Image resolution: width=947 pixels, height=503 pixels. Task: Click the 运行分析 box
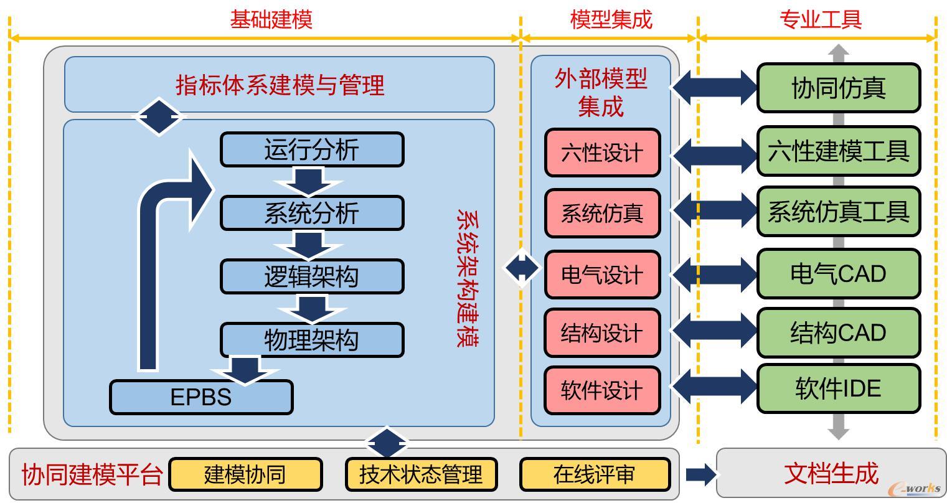(312, 149)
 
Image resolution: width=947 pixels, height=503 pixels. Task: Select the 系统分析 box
(312, 213)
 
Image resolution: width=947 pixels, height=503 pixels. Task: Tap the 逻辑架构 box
(312, 276)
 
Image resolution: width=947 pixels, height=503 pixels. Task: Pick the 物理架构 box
(312, 340)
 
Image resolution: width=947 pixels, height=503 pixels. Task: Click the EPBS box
(201, 397)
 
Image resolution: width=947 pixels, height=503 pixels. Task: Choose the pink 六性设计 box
(602, 153)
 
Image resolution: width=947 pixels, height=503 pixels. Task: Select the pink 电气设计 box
(602, 275)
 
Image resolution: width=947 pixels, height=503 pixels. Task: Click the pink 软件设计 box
(602, 390)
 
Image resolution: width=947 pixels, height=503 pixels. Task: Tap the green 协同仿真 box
(838, 88)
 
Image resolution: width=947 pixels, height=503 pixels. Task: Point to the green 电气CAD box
(838, 273)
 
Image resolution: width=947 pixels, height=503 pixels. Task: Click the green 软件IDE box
(838, 388)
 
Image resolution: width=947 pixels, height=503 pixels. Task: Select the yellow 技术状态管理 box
(421, 474)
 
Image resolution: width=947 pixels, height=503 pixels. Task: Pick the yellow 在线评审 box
(595, 474)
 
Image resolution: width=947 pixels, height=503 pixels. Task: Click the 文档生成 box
(831, 473)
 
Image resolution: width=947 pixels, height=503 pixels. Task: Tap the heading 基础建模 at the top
(271, 19)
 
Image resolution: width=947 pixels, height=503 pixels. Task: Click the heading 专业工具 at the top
(821, 19)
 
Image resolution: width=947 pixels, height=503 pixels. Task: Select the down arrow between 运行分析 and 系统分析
(309, 182)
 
